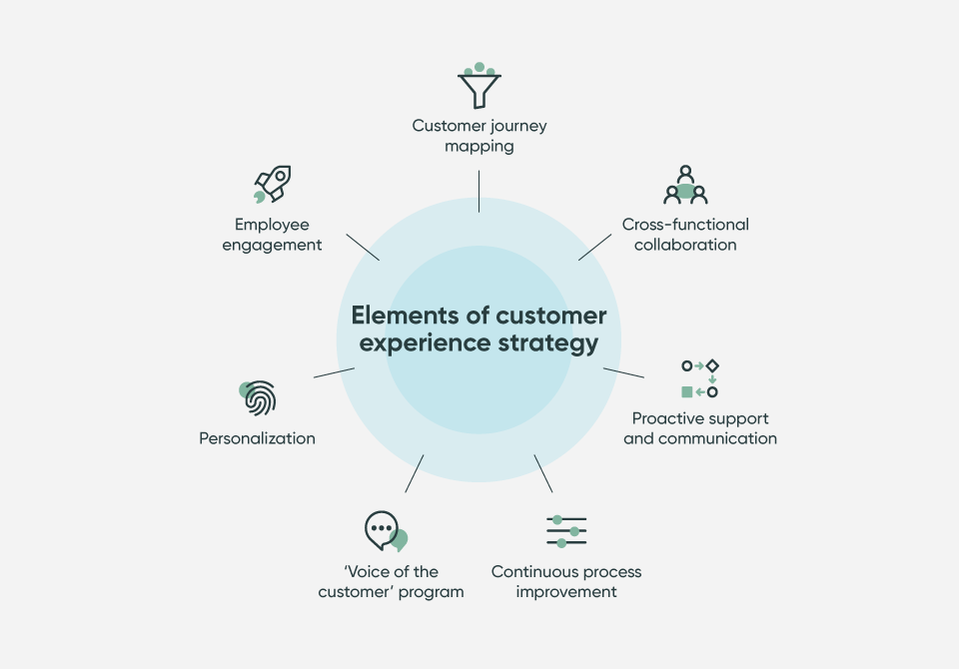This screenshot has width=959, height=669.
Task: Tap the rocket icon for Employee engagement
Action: (x=272, y=185)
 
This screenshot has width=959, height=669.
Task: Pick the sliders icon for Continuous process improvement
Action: (x=566, y=530)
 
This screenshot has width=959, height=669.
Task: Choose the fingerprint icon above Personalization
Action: (x=258, y=398)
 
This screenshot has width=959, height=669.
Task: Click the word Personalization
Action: (x=257, y=438)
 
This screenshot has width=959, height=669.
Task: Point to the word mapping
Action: (x=479, y=146)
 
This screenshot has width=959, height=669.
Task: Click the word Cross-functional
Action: (x=685, y=225)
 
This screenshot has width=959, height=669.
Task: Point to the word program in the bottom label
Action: (x=430, y=592)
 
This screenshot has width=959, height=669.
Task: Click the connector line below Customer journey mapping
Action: (x=479, y=191)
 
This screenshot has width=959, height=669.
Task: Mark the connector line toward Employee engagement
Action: (x=363, y=247)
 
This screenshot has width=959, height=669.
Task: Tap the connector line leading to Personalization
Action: (x=334, y=372)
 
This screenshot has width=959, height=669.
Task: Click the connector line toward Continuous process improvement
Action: (x=543, y=473)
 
